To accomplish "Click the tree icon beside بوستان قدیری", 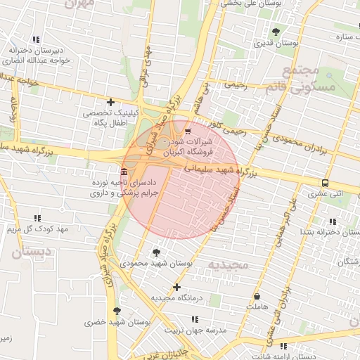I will (276, 32).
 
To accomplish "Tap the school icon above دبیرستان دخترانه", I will (37, 39).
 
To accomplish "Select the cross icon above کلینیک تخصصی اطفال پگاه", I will (110, 103).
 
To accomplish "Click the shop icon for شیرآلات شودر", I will (187, 130).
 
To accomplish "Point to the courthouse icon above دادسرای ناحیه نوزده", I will (124, 172).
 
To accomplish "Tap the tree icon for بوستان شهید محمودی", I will (155, 252).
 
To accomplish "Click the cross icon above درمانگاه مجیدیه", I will (176, 287).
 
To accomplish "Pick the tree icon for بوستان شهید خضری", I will (117, 310).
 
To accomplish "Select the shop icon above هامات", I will (256, 297).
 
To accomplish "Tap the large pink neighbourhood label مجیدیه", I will (229, 264).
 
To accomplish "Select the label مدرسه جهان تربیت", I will (195, 329).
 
